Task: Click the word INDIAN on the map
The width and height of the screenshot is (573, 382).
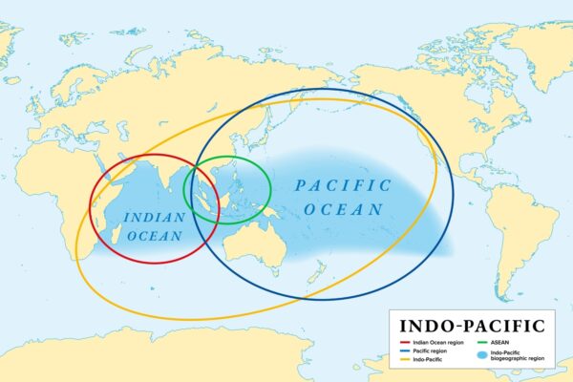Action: (x=154, y=217)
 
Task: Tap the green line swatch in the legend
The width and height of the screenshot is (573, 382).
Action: (x=481, y=341)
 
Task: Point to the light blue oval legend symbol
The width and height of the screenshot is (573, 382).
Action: (x=481, y=354)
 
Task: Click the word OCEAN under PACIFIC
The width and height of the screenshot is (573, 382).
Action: (x=349, y=208)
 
